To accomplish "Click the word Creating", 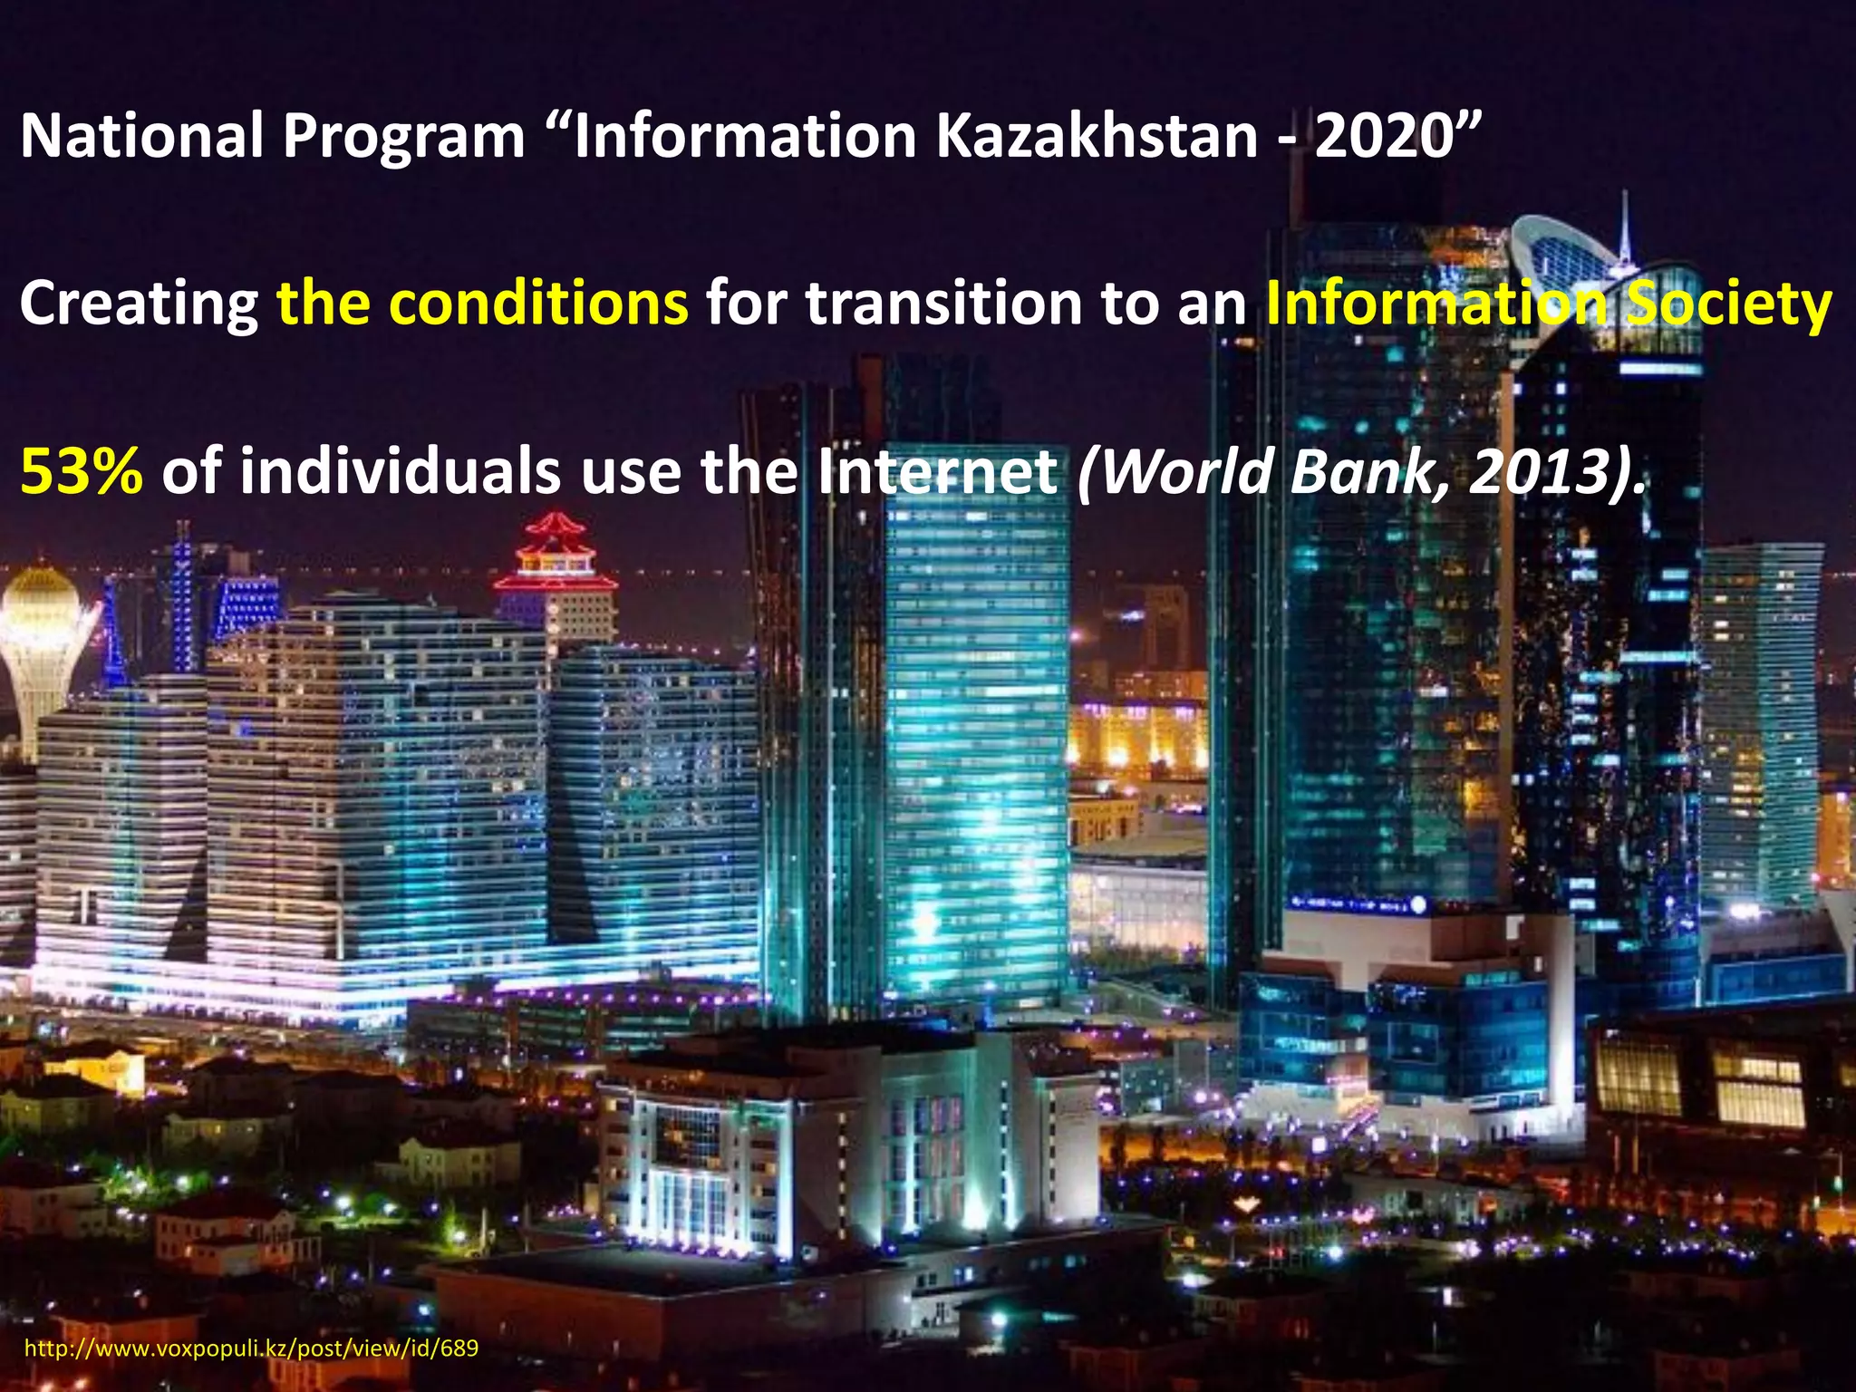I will coord(139,304).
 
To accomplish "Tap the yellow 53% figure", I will coord(82,473).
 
